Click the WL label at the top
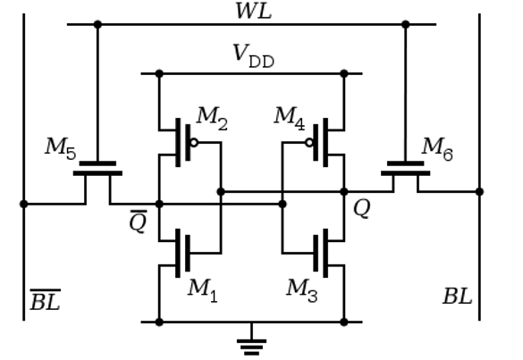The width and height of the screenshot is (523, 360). point(254,11)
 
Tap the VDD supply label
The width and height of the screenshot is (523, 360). point(254,56)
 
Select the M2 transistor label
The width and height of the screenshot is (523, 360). point(213,119)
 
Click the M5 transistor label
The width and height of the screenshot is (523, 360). point(61,148)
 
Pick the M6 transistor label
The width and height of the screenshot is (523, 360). point(437,148)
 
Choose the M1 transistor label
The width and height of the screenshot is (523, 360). point(203,290)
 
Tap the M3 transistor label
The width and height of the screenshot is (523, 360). point(302,290)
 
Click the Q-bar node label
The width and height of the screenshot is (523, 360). point(138,221)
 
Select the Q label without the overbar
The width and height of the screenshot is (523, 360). point(361,209)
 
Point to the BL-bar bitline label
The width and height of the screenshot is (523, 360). point(46,300)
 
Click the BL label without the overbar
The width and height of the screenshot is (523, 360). point(458,297)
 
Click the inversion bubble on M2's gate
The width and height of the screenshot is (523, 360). point(194,143)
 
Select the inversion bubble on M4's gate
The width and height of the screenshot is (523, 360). point(309,143)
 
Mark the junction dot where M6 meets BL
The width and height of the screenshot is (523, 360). point(479,192)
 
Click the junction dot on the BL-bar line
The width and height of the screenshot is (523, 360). point(23,204)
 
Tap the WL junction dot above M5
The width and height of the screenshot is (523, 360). point(97,24)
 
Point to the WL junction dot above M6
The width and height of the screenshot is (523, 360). point(406,24)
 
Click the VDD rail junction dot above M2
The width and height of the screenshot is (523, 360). point(159,73)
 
